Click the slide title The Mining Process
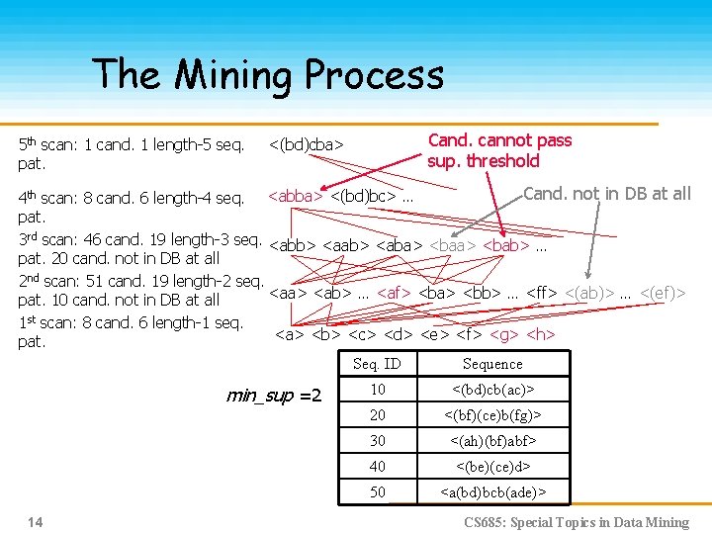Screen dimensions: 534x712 pyautogui.click(x=268, y=75)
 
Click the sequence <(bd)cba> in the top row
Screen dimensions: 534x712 pyautogui.click(x=306, y=145)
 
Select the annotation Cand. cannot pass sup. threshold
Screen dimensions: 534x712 pyautogui.click(x=499, y=150)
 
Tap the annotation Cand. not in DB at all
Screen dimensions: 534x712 pyautogui.click(x=606, y=194)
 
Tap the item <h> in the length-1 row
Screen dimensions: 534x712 pyautogui.click(x=540, y=334)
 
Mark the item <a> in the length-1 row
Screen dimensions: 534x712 pyautogui.click(x=289, y=334)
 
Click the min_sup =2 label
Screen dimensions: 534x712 pyautogui.click(x=274, y=396)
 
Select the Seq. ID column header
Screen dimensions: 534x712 pyautogui.click(x=378, y=364)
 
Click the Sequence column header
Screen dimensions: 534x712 pyautogui.click(x=491, y=364)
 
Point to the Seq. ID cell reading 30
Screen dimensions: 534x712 pyautogui.click(x=378, y=440)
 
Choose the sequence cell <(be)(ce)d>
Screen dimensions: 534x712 pyautogui.click(x=491, y=466)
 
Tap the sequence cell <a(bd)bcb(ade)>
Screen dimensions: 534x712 pyautogui.click(x=491, y=491)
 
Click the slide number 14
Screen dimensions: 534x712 pyautogui.click(x=36, y=521)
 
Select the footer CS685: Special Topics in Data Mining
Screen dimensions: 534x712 pyautogui.click(x=577, y=522)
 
